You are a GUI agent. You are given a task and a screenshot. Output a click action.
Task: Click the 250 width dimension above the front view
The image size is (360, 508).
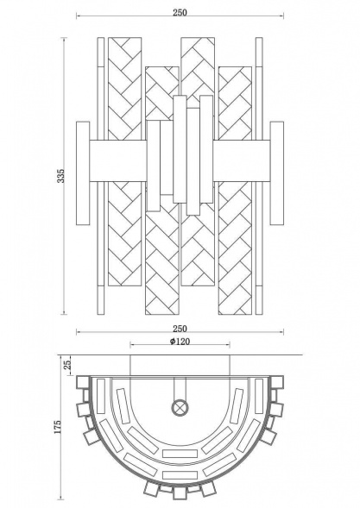(x=180, y=13)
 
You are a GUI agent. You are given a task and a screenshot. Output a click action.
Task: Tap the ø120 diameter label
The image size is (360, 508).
(x=180, y=342)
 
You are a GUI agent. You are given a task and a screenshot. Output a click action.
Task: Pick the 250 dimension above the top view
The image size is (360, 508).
(x=180, y=329)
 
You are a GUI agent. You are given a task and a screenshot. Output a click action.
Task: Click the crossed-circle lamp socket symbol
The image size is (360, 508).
(x=180, y=406)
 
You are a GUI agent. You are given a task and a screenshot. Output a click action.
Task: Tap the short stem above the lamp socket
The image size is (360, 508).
(x=180, y=388)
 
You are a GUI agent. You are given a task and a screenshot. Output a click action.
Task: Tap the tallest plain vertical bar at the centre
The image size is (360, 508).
(x=180, y=155)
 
